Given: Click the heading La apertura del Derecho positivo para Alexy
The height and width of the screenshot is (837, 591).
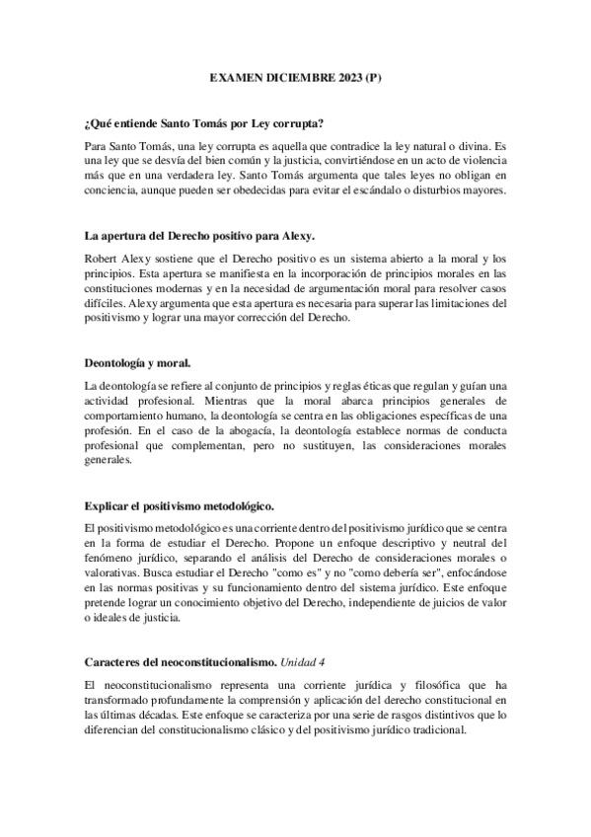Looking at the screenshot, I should click(x=200, y=236).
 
